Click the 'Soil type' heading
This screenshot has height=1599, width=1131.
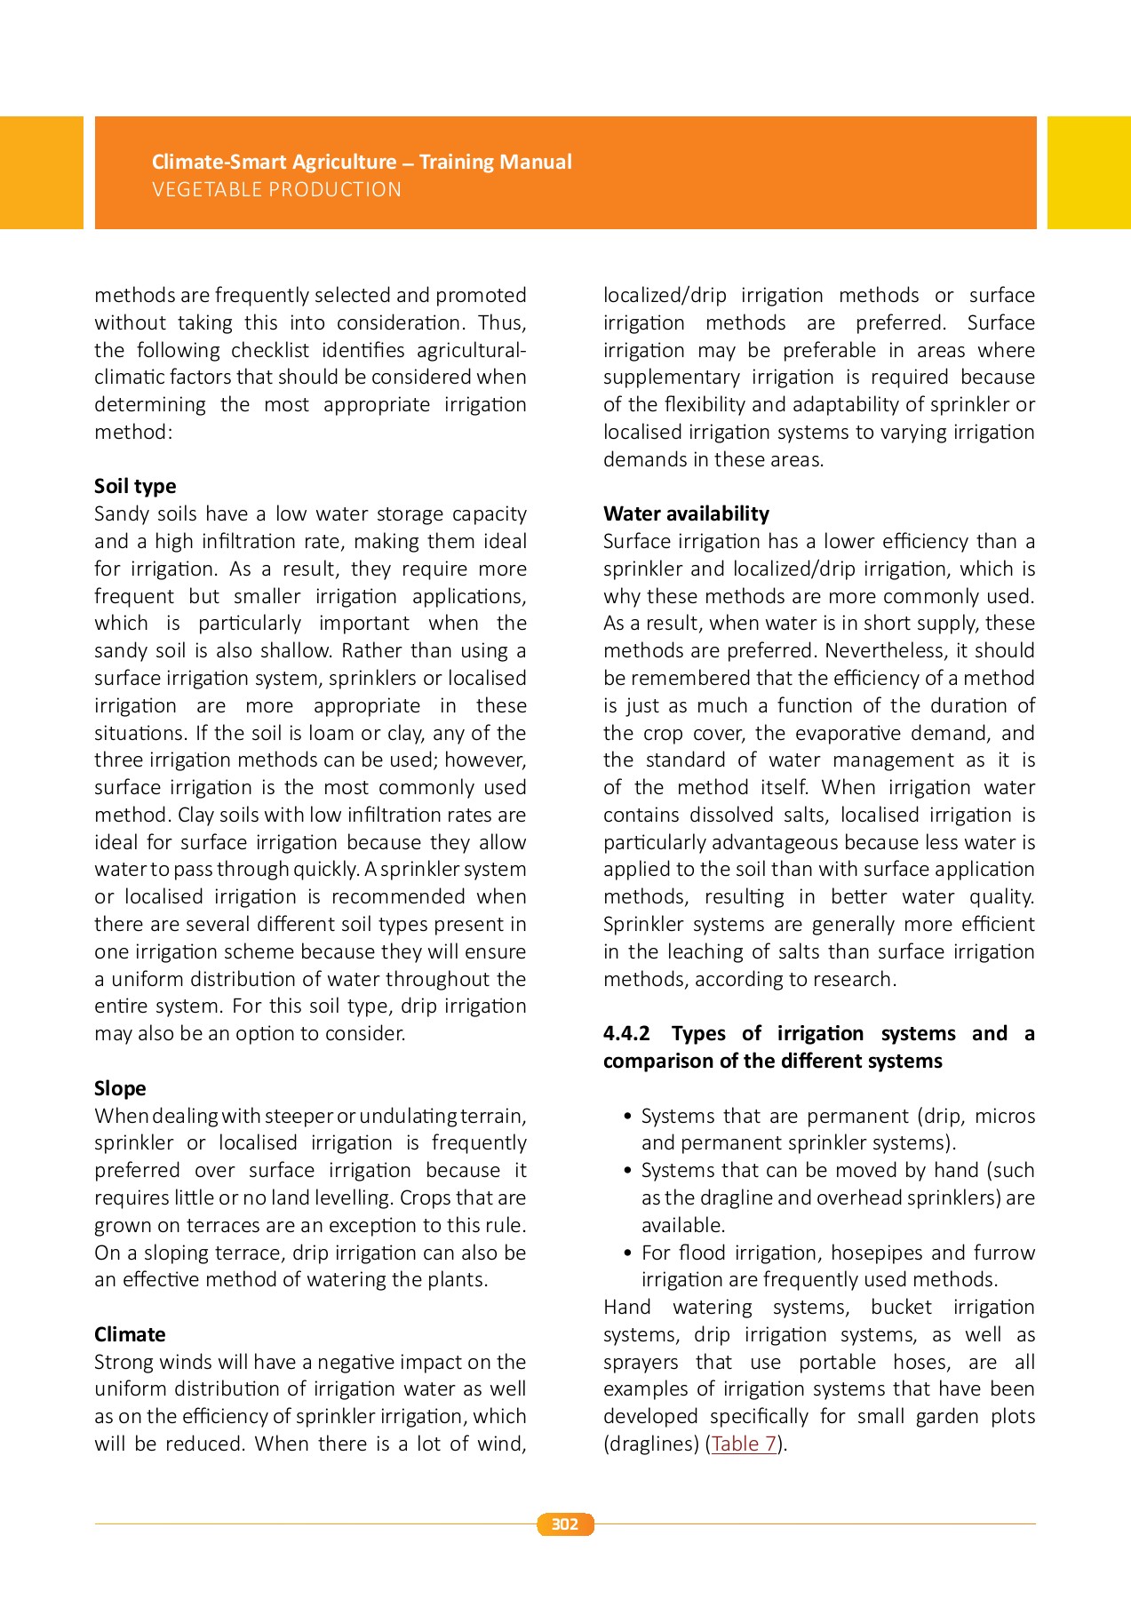coord(135,486)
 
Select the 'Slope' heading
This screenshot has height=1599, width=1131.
coord(120,1088)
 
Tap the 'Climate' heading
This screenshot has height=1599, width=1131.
coord(130,1334)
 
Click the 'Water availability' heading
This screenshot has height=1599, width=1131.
coord(686,513)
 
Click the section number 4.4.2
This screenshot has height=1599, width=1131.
coord(626,1033)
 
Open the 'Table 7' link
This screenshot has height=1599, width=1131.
coord(745,1444)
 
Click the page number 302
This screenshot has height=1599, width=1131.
coord(565,1524)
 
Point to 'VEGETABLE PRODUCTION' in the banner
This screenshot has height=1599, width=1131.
coord(276,189)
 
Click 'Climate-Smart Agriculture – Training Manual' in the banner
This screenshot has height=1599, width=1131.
coord(362,162)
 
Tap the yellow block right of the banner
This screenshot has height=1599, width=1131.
coord(1088,172)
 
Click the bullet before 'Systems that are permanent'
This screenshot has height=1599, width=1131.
coord(628,1117)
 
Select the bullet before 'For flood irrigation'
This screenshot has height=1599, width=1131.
coord(628,1253)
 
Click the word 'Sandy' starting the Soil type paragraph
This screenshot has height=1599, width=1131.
coord(121,513)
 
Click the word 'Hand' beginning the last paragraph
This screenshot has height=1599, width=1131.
coord(626,1307)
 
